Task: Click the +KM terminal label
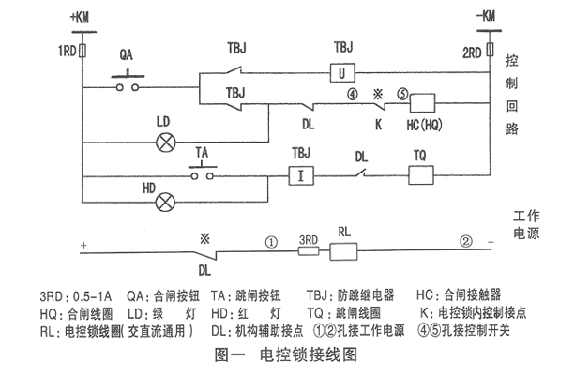(x=83, y=16)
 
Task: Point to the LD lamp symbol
(x=167, y=143)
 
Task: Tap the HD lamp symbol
(x=167, y=200)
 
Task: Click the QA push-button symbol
(x=128, y=83)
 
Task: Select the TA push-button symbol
(x=202, y=173)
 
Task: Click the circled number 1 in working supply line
(x=271, y=241)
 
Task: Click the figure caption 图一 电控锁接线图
(x=282, y=356)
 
